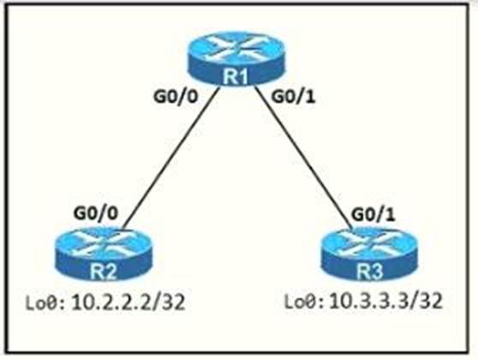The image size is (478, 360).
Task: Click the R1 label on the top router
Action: point(236,76)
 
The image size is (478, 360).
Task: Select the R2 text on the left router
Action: point(104,271)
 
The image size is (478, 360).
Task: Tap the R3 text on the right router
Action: point(370,271)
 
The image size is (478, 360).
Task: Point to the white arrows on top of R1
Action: point(236,46)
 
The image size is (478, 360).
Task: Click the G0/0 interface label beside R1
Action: point(176,97)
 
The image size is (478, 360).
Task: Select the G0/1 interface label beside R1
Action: point(293,97)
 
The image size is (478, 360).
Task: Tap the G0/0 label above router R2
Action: point(95,213)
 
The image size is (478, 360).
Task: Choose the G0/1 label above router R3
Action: point(373,214)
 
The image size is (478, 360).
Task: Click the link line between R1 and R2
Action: point(171,158)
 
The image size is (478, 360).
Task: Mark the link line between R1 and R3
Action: point(303,158)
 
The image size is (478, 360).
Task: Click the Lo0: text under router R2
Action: point(45,303)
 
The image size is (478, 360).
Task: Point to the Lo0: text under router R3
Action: point(304,302)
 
